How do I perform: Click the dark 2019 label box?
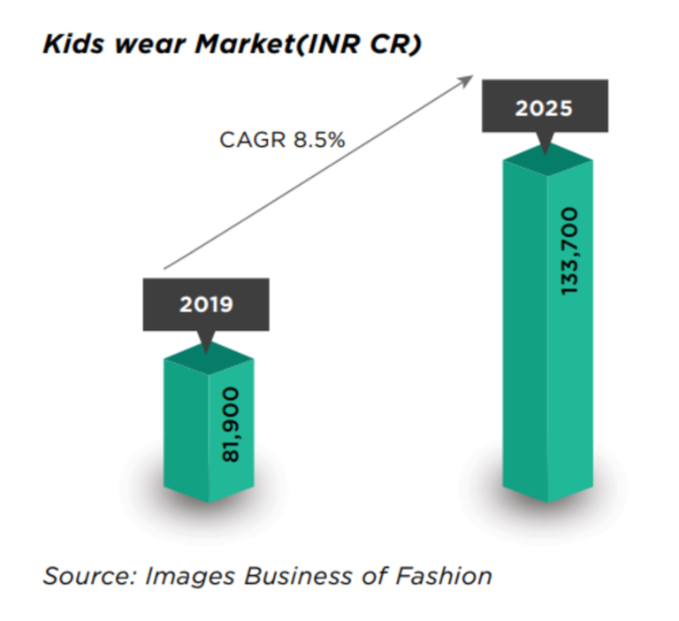coord(206,305)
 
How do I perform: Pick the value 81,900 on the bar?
coord(231,425)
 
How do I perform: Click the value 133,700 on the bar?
coord(568,252)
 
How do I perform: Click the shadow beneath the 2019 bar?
coord(209,509)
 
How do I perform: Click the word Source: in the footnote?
coord(88,576)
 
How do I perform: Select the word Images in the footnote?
coord(189,576)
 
